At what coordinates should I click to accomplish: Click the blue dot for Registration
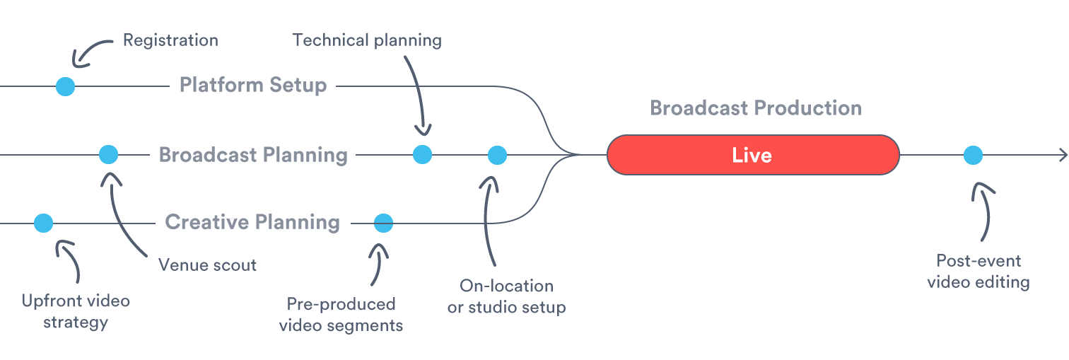pos(65,86)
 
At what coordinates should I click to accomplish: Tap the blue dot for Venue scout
pos(108,154)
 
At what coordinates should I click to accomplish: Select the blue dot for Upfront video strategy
pos(43,223)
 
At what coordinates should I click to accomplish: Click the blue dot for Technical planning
pos(422,154)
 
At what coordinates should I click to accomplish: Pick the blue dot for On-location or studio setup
pos(497,154)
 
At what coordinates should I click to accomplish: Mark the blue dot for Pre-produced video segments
pos(383,223)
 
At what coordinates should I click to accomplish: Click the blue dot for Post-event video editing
pos(973,154)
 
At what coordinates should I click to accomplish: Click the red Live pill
pos(752,155)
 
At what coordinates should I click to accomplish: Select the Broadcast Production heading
pos(755,108)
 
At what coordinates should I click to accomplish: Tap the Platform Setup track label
pos(253,86)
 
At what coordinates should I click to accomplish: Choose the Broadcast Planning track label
pos(253,155)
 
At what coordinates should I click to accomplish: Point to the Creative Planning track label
pos(252,222)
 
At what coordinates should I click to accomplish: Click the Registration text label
pos(170,40)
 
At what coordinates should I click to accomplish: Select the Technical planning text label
pos(367,40)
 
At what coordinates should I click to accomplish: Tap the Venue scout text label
pos(207,265)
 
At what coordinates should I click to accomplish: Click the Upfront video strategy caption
pos(76,312)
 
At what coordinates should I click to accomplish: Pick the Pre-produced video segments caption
pos(341,315)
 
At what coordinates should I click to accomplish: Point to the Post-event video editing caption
pos(978,272)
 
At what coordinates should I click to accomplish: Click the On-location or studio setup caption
pos(506,297)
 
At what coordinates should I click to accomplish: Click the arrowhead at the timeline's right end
pos(1062,155)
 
